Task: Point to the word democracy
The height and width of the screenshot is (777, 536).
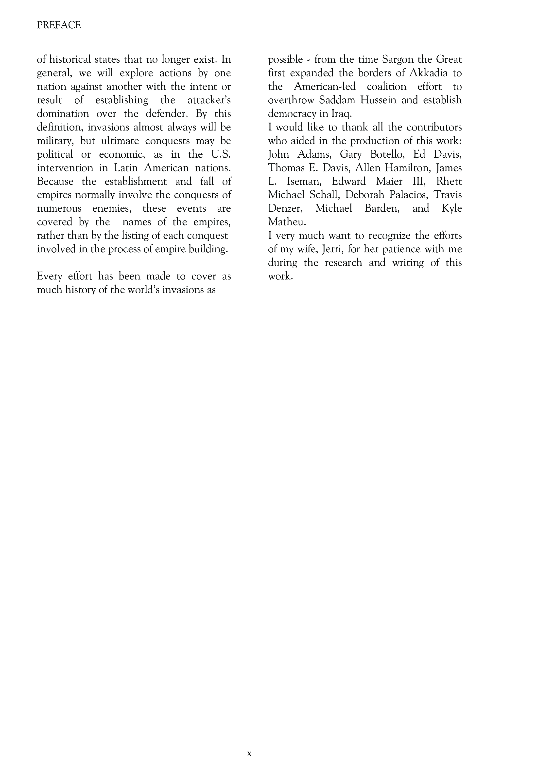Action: [x=292, y=114]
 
